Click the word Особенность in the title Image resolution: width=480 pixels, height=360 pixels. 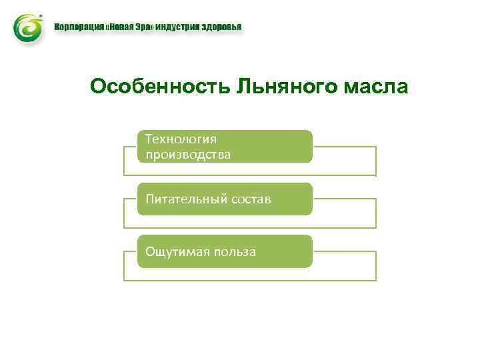pos(159,87)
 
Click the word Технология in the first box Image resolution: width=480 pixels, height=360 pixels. pos(181,139)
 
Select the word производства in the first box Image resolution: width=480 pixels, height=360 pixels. pos(189,155)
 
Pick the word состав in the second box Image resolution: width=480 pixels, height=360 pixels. pos(251,199)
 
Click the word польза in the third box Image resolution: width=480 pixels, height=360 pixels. pos(234,251)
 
